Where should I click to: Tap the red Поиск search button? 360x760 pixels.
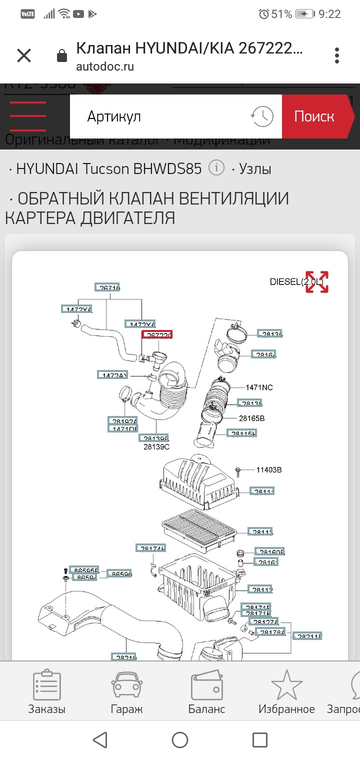pos(314,116)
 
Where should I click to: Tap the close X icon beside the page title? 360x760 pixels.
pos(24,55)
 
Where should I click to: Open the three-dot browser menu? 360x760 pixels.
pos(337,55)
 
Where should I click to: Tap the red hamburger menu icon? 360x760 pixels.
pos(28,116)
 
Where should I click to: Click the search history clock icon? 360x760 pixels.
pos(262,116)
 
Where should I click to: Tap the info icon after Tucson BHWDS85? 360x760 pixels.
pos(216,168)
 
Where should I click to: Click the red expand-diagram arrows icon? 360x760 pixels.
pos(317,282)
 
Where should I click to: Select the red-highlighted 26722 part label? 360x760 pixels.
pos(157,334)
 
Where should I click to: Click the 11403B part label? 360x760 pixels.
pos(269,470)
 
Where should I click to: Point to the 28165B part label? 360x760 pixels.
pos(251,418)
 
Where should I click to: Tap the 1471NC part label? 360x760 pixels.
pos(259,387)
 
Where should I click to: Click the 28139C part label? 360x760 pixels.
pos(156,446)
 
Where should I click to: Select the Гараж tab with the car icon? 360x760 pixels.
pos(126,692)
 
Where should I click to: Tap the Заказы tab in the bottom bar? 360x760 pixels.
pos(46,692)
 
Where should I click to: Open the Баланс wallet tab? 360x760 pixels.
pos(206,692)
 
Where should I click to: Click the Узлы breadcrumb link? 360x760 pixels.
pos(255,168)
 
